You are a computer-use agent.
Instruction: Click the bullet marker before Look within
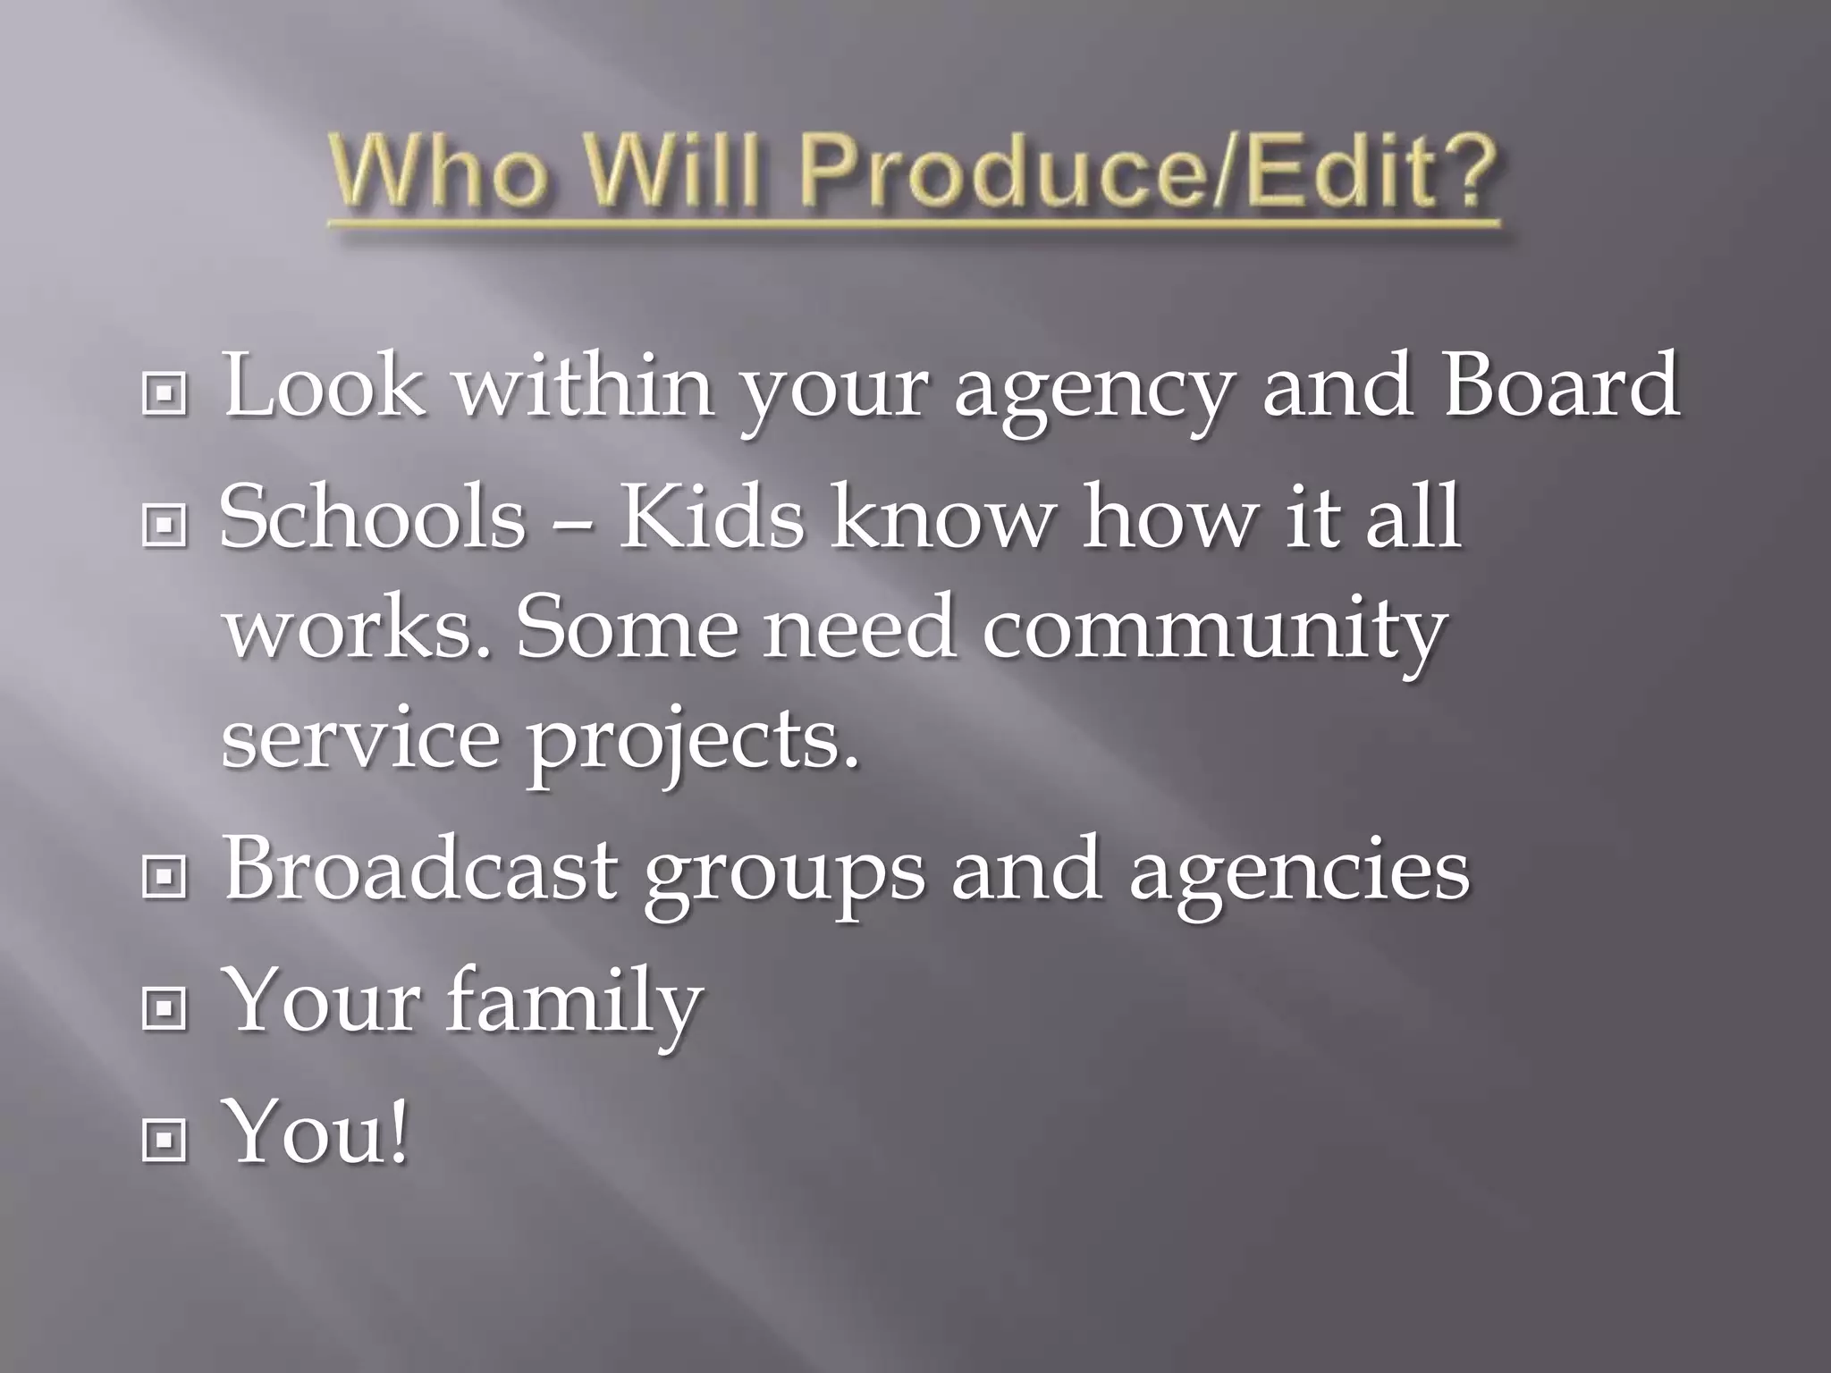point(165,393)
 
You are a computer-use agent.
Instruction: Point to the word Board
point(1561,384)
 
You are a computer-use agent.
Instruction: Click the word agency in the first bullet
point(1090,393)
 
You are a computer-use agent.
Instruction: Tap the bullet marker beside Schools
point(165,526)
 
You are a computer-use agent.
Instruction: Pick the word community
point(1213,631)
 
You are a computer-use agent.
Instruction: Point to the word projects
point(693,744)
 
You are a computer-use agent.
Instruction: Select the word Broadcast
point(420,869)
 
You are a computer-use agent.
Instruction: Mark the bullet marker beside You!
point(165,1141)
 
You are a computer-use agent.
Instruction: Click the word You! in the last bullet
point(318,1132)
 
